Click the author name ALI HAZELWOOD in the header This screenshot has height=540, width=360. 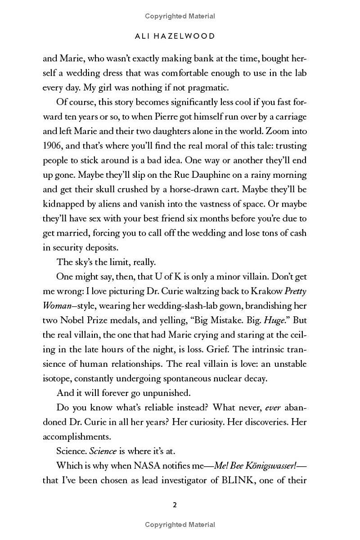pyautogui.click(x=180, y=36)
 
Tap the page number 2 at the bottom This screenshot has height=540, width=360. pyautogui.click(x=175, y=505)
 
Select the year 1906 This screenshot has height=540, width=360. pyautogui.click(x=54, y=145)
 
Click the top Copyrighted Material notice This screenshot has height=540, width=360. pyautogui.click(x=180, y=16)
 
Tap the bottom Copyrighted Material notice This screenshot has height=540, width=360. pyautogui.click(x=180, y=524)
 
